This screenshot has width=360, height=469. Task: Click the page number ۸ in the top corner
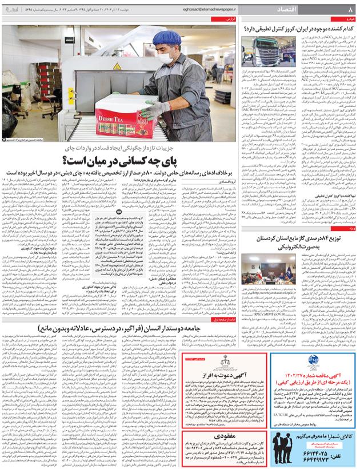click(x=349, y=10)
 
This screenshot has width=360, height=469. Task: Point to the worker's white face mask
click(x=166, y=58)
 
